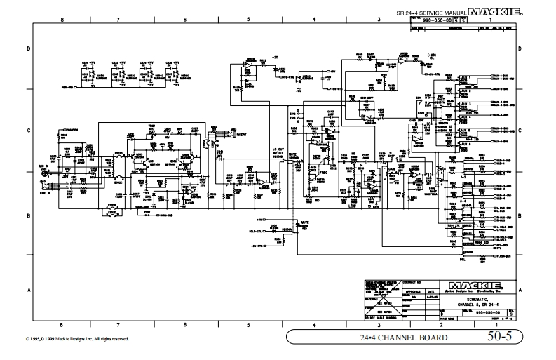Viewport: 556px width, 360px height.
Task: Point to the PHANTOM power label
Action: (71, 130)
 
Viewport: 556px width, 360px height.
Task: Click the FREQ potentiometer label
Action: (324, 172)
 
